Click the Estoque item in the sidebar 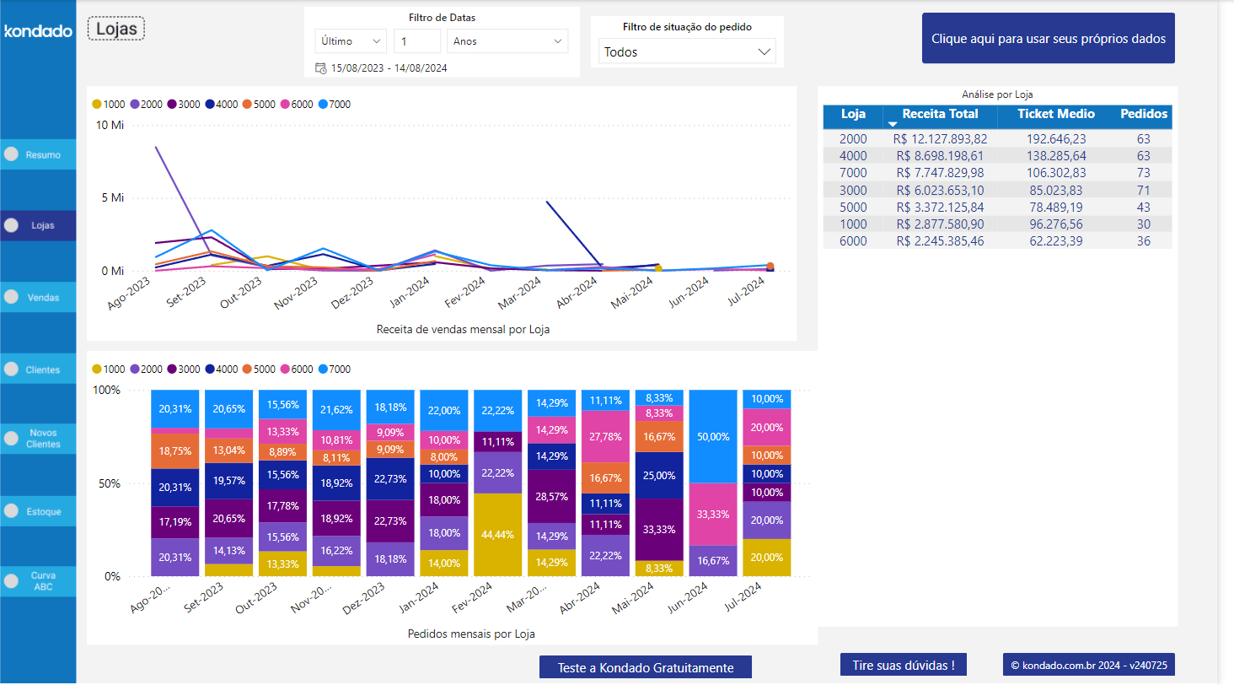(38, 511)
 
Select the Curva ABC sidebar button (38, 581)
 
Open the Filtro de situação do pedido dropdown (687, 51)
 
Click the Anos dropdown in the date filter (507, 41)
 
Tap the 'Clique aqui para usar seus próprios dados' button (1048, 39)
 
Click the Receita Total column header (940, 114)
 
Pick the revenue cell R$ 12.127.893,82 (940, 139)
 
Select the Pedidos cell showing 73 (1143, 173)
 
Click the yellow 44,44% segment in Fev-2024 (496, 535)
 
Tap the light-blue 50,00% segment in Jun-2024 (712, 437)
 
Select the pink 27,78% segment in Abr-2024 (604, 437)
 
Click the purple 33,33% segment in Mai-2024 (658, 530)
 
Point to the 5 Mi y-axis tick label (111, 198)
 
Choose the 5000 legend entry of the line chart (259, 105)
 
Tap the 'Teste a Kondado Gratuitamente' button (645, 667)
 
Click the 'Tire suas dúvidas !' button (903, 665)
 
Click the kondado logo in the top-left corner (38, 31)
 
